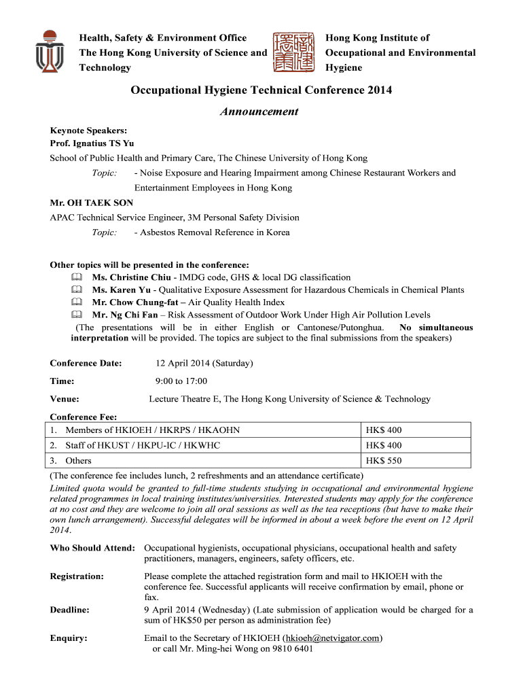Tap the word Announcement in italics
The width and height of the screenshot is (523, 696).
259,111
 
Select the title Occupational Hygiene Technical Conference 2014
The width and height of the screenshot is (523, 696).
261,90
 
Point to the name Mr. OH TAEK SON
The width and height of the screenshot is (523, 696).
92,203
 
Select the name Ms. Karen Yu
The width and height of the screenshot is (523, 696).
122,290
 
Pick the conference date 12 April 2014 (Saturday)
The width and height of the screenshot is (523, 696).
204,363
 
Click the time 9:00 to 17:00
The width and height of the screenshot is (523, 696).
181,381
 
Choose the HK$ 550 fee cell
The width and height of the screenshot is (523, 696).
384,461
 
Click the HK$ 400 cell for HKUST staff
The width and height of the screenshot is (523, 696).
384,445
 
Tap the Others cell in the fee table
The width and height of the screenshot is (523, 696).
78,461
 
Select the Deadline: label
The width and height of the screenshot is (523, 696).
70,610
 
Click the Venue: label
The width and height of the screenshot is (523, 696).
65,399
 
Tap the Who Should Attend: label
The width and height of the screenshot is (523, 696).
92,548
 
